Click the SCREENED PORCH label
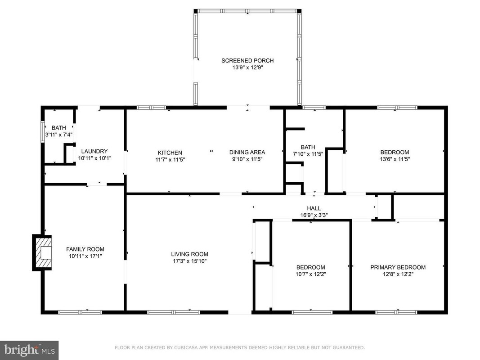tap(247, 61)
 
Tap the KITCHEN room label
tap(170, 153)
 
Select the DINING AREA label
tap(247, 152)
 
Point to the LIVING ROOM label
tap(189, 254)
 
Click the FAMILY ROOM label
tap(85, 249)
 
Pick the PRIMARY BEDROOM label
tap(398, 267)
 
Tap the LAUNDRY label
tap(94, 151)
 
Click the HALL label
tap(314, 208)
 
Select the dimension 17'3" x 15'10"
tap(189, 261)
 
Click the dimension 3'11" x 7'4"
tap(59, 135)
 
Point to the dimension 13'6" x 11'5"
tap(395, 159)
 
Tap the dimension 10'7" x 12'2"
tap(311, 274)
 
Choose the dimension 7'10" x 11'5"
tap(308, 154)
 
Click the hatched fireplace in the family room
tap(42, 252)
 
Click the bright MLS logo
tap(29, 350)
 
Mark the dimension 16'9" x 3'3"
tap(314, 215)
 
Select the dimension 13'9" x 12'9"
tap(248, 67)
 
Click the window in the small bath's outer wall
tap(43, 132)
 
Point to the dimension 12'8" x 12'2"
tap(398, 274)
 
